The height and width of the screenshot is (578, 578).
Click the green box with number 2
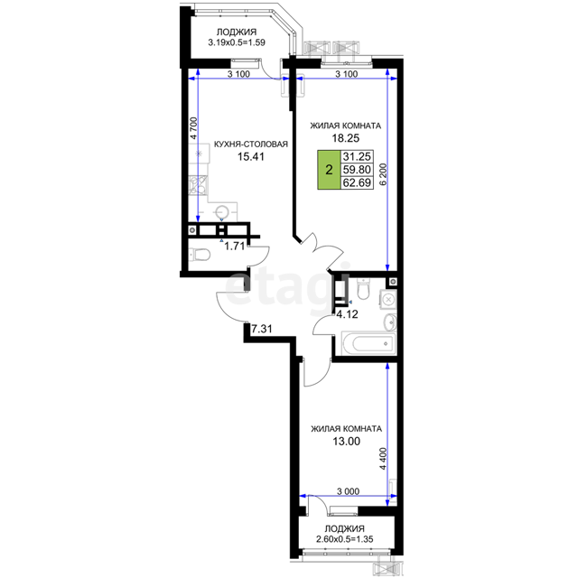(x=329, y=170)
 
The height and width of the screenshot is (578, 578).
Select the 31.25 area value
(x=357, y=156)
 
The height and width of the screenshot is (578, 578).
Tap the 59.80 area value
(x=357, y=170)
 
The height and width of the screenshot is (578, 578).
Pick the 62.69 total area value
(x=357, y=182)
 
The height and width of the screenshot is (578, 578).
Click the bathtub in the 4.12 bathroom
(x=368, y=343)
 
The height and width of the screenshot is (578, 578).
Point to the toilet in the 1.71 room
(x=200, y=255)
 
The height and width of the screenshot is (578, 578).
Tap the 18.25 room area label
(x=345, y=138)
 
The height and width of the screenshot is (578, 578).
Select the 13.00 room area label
(x=347, y=442)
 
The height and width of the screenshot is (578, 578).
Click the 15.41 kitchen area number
(x=251, y=156)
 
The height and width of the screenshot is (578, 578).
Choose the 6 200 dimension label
(x=384, y=174)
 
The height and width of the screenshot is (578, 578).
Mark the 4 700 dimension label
(x=194, y=128)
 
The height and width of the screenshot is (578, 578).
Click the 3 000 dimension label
(x=348, y=491)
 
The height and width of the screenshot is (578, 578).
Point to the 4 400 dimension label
(x=383, y=459)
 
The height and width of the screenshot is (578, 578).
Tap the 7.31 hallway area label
(x=261, y=329)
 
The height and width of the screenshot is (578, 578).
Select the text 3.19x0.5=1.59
(x=237, y=42)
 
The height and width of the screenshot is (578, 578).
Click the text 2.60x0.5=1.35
(x=345, y=539)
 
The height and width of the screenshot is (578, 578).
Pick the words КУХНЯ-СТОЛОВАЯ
(x=251, y=144)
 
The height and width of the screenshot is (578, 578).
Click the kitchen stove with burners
(x=199, y=185)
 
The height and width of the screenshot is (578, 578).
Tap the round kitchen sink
(x=222, y=212)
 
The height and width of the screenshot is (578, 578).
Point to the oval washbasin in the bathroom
(x=390, y=322)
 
